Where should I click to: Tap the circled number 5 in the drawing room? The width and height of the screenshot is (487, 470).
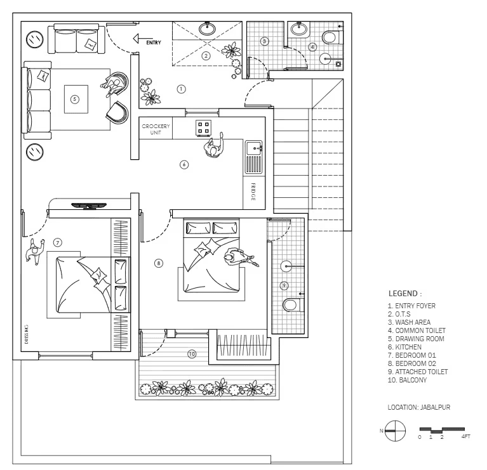(75, 99)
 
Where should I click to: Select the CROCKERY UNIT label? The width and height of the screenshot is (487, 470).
(156, 129)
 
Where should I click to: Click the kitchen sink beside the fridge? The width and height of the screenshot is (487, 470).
(253, 157)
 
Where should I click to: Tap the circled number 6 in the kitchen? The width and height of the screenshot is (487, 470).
(184, 164)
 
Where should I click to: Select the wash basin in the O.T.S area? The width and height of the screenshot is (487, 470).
(207, 29)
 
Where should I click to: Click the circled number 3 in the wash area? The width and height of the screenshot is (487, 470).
(265, 41)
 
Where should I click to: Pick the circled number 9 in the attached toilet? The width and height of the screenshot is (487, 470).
(284, 285)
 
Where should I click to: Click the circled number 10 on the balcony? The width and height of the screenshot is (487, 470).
(192, 354)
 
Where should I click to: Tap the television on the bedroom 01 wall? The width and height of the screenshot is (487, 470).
(89, 205)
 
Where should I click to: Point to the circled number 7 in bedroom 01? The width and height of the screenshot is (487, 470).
(57, 242)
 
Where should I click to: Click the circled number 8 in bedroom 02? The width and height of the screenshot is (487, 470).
(159, 263)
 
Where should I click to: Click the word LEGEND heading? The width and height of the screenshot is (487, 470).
(404, 294)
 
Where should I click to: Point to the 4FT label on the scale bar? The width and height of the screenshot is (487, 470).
(466, 437)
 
